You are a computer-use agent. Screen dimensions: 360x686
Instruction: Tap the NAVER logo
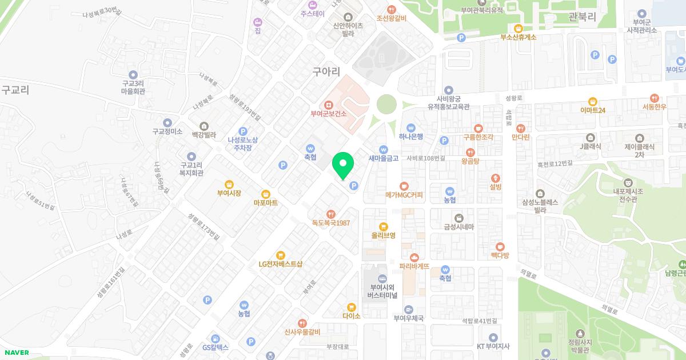tap(15, 353)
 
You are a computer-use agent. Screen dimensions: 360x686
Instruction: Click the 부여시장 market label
tap(229, 193)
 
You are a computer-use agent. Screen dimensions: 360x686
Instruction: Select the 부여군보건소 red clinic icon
tap(329, 105)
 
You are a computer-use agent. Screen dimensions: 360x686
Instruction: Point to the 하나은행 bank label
tap(411, 137)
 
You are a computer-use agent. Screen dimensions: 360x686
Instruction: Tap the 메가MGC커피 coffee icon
tap(404, 186)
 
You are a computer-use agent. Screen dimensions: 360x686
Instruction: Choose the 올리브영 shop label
tap(383, 235)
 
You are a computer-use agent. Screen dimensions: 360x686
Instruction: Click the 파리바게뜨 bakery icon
tap(414, 257)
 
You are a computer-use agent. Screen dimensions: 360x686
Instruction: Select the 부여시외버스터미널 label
tap(383, 291)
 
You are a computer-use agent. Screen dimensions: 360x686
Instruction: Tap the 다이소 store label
tap(352, 315)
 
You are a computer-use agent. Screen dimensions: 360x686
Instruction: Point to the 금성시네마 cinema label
tap(459, 227)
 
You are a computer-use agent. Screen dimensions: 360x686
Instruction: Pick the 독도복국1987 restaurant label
tap(331, 223)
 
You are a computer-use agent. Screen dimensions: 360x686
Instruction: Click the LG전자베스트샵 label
tap(280, 264)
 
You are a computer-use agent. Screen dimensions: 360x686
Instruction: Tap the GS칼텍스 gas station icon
tap(215, 338)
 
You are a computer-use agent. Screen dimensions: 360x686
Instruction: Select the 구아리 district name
tap(326, 72)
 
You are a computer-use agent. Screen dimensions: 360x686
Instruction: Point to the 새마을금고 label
tap(383, 158)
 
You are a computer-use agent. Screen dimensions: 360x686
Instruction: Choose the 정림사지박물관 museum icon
tap(581, 333)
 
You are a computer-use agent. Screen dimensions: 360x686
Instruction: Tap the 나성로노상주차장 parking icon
tap(243, 131)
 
